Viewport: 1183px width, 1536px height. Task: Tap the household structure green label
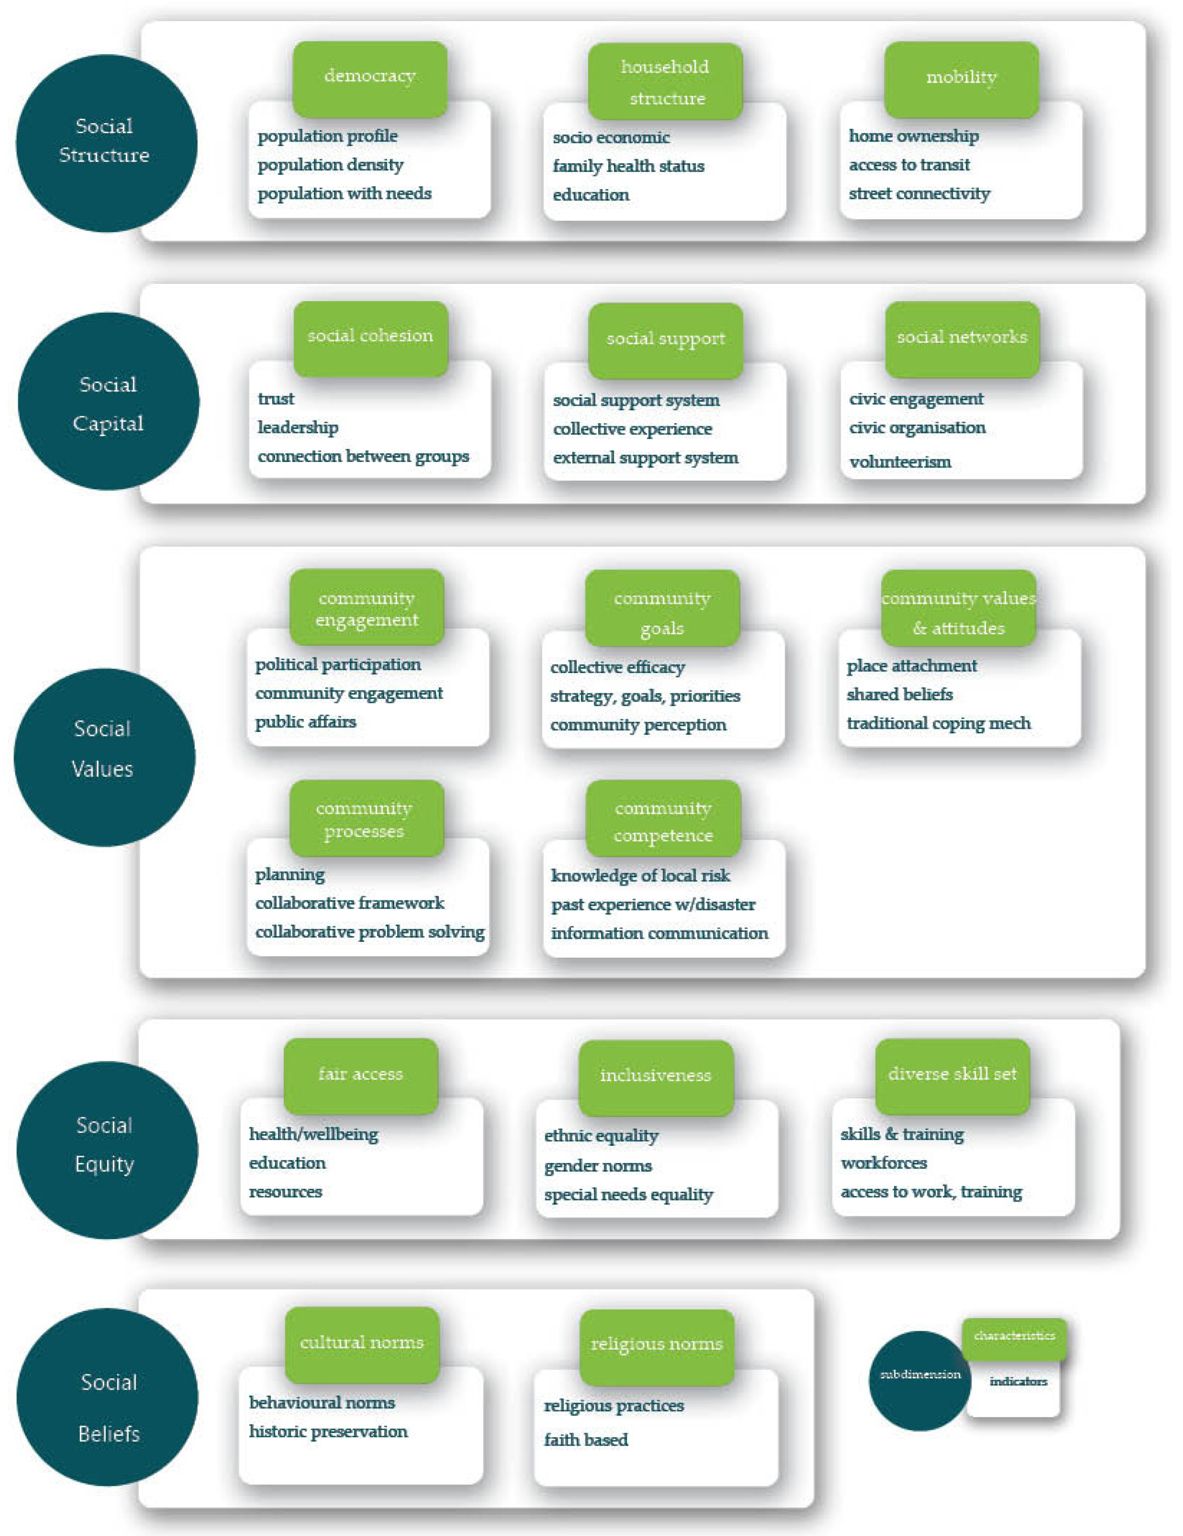(x=665, y=82)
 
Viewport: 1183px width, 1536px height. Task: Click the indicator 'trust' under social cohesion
(x=276, y=399)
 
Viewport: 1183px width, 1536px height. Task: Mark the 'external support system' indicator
(x=645, y=458)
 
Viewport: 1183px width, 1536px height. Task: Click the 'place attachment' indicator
(x=912, y=666)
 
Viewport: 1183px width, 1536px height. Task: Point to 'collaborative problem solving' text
(x=369, y=932)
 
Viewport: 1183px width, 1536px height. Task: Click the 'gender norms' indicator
(x=598, y=1166)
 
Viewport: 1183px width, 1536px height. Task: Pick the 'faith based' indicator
(x=586, y=1440)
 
